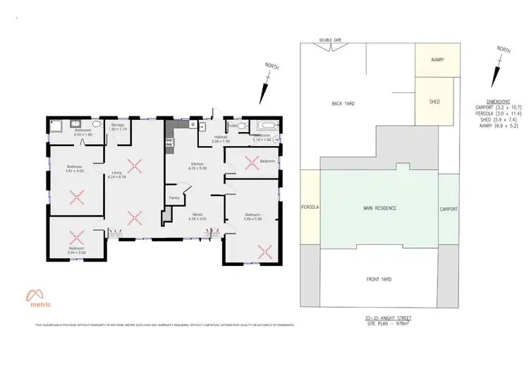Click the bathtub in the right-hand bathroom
click(267, 127)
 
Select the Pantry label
click(173, 198)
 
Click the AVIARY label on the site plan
click(437, 60)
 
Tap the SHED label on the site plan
click(434, 102)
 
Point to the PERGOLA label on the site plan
click(310, 209)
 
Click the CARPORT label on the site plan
click(449, 209)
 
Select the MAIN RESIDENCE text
click(379, 208)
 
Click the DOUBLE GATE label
click(330, 40)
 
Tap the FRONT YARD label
click(379, 279)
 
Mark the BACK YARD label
click(343, 104)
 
